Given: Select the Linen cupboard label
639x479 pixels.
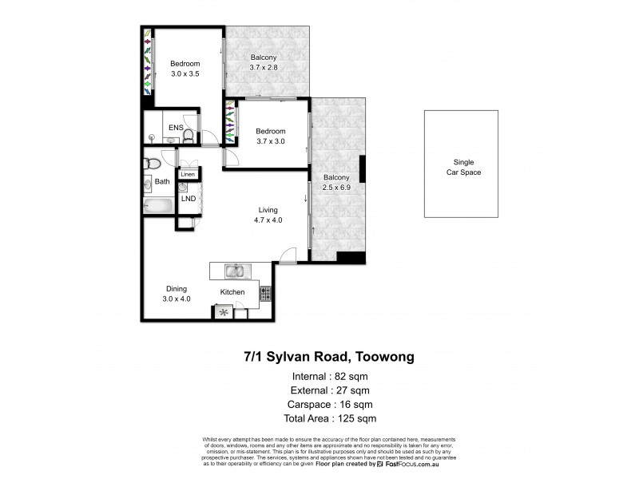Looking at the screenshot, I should [189, 174].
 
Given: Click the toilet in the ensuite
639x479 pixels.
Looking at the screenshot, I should [187, 137].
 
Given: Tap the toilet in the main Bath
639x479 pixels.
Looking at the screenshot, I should [153, 164].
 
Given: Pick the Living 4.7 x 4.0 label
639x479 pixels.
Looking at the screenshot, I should [265, 215].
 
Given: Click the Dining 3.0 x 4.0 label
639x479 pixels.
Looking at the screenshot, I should [177, 294].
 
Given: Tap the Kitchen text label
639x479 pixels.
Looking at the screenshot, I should [232, 292].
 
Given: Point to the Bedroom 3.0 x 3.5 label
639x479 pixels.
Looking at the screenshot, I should [185, 69].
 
